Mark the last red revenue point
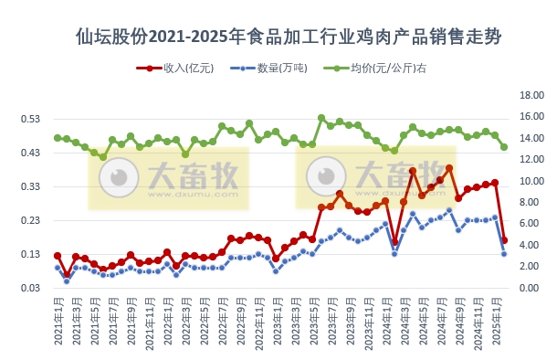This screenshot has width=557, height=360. click(504, 240)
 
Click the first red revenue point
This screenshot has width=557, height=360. click(58, 256)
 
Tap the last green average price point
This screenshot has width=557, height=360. click(504, 147)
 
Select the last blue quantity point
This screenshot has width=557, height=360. click(504, 253)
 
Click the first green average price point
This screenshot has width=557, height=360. click(58, 138)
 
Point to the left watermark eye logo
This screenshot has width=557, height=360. click(118, 177)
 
